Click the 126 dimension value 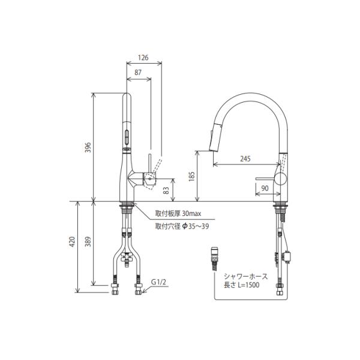click(x=143, y=58)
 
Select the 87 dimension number click(x=138, y=73)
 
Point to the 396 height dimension click(x=88, y=148)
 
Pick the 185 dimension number click(x=192, y=176)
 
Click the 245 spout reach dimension click(x=245, y=158)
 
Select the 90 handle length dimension click(x=265, y=188)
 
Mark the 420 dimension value click(x=72, y=241)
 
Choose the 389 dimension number click(x=88, y=241)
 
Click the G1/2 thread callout click(x=158, y=282)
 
